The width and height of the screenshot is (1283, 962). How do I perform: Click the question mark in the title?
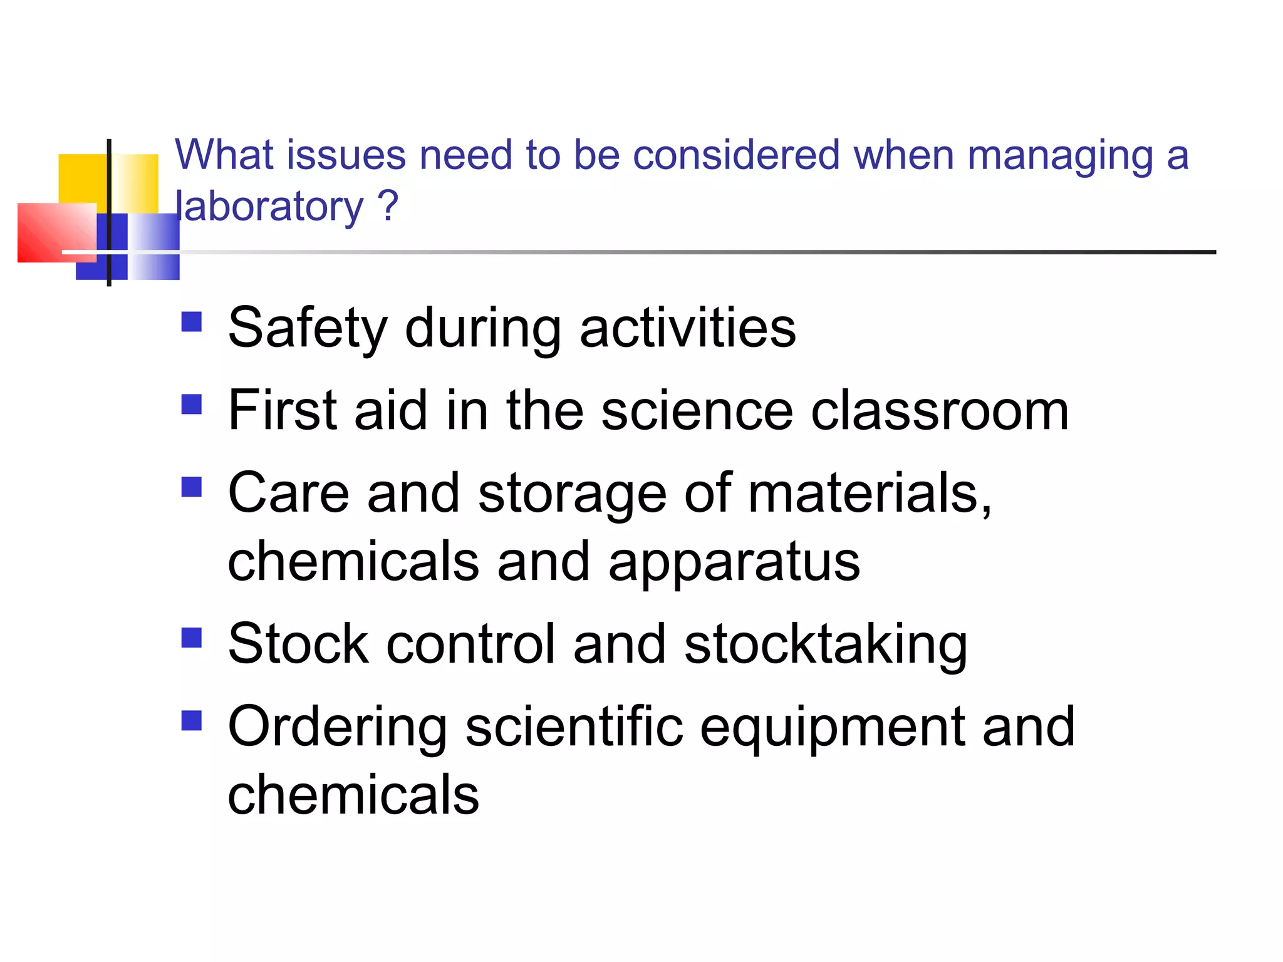(388, 205)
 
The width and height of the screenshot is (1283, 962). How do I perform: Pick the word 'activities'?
(687, 328)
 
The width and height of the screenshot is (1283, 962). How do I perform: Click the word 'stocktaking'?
(825, 645)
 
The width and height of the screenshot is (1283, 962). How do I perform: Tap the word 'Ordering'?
(337, 728)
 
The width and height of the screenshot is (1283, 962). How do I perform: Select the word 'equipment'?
(832, 728)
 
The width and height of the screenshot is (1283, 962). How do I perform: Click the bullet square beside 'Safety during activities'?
(192, 322)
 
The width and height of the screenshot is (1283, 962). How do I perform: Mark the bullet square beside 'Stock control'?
(192, 638)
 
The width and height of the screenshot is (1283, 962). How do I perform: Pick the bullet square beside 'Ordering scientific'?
(192, 721)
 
